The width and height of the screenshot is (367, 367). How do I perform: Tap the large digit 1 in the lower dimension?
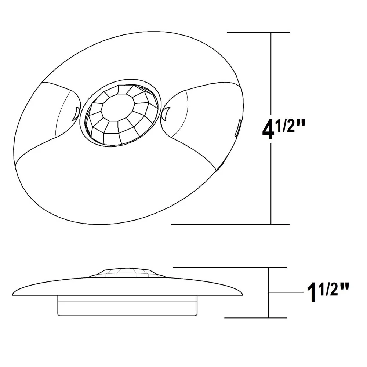coord(312,294)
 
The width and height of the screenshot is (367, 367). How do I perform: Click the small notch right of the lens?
coord(165,113)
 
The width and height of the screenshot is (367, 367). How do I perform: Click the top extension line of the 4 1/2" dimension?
coord(257,33)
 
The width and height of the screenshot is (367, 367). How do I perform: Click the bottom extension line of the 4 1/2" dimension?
coord(228,224)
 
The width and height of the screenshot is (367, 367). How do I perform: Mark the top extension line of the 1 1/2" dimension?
coord(228,268)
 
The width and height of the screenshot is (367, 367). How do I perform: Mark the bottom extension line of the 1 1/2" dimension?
coord(253,318)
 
